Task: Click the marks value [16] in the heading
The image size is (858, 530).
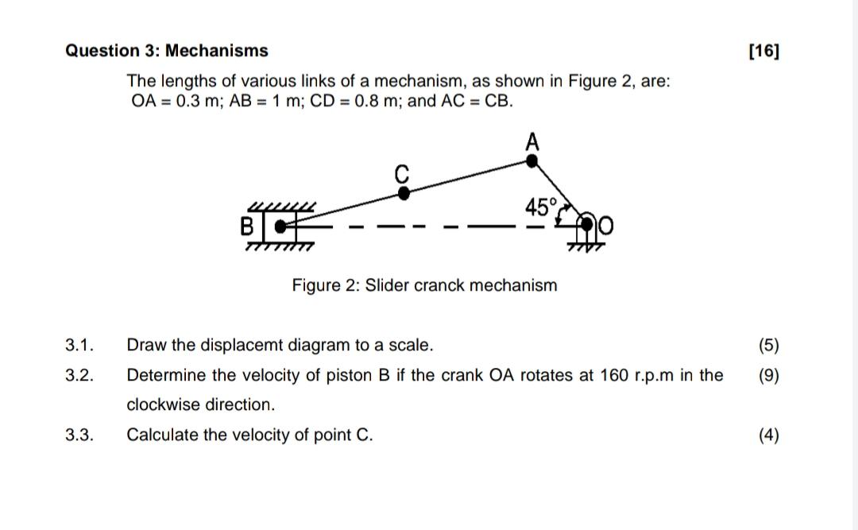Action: [x=764, y=52]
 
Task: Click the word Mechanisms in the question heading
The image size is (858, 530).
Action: [x=216, y=52]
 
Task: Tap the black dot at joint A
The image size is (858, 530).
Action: [x=532, y=161]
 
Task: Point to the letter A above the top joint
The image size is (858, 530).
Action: [x=532, y=142]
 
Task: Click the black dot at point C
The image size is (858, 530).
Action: [x=404, y=191]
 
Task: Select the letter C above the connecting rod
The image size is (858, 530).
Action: [x=402, y=172]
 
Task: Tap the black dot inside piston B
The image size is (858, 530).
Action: [x=280, y=226]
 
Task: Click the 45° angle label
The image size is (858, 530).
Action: [x=541, y=208]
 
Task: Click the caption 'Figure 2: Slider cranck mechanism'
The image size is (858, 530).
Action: [x=424, y=285]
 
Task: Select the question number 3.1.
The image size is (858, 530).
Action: [x=79, y=346]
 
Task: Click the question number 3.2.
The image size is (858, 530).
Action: [x=79, y=375]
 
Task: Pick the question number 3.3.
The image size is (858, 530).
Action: [x=79, y=435]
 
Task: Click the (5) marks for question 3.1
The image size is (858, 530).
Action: [x=768, y=346]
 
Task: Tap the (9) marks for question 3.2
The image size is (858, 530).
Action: [x=768, y=375]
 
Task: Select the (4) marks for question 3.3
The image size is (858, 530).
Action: [x=768, y=435]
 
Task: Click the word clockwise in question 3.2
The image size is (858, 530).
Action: [x=164, y=404]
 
